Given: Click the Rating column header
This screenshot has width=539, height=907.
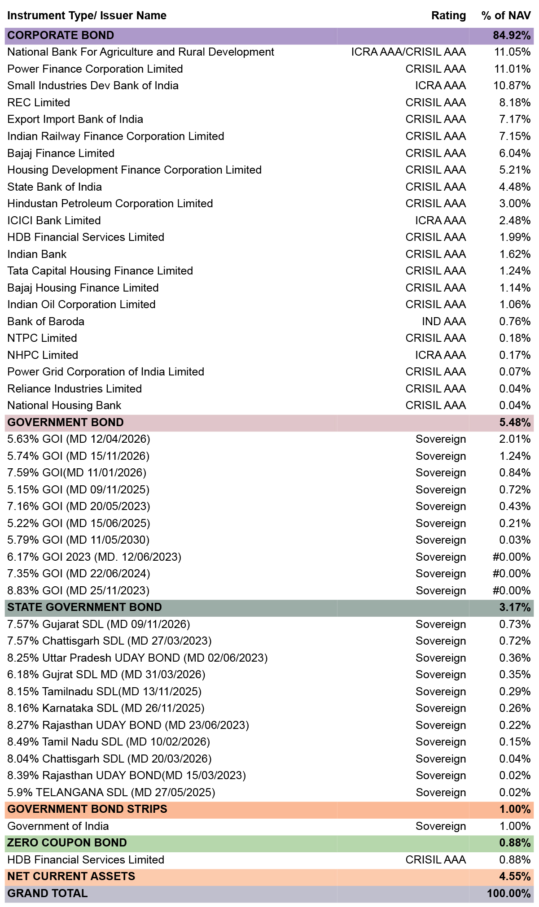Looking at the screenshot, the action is (x=448, y=16).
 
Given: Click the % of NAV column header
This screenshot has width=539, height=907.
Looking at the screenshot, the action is (x=506, y=16).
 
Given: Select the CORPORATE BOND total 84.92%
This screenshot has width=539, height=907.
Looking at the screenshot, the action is (x=512, y=35).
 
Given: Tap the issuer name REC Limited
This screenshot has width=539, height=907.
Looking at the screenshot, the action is (x=39, y=103).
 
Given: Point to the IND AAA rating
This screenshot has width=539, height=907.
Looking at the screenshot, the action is (x=443, y=322).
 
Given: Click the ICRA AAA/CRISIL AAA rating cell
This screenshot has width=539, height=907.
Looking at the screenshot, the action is (x=408, y=52).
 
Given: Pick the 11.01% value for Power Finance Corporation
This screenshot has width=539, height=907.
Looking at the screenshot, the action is (x=512, y=69).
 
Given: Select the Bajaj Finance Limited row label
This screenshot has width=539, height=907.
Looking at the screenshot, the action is (x=61, y=153).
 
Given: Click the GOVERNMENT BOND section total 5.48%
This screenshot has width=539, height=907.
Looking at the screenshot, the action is (x=515, y=423).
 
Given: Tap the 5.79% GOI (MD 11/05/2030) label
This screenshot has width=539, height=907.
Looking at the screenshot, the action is (x=79, y=540).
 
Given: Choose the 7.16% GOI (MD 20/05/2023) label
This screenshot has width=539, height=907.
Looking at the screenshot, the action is (x=79, y=506).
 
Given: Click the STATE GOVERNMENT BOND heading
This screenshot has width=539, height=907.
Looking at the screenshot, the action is (x=84, y=607).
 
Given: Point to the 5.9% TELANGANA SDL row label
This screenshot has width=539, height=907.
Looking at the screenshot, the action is (x=111, y=793).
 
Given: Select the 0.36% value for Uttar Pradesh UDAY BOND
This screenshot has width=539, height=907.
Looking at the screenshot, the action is (x=515, y=658).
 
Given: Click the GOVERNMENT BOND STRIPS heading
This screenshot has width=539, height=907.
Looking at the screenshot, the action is (x=88, y=809).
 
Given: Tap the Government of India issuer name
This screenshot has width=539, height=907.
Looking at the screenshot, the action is (x=58, y=826).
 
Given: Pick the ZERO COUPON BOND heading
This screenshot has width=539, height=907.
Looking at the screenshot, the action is (x=67, y=843).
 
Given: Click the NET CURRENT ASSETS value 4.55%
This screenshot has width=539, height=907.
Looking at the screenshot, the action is (x=515, y=876).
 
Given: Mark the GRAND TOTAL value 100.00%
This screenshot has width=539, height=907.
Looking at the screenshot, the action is (x=509, y=894).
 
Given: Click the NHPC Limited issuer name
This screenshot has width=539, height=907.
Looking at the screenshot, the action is (x=43, y=355).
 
